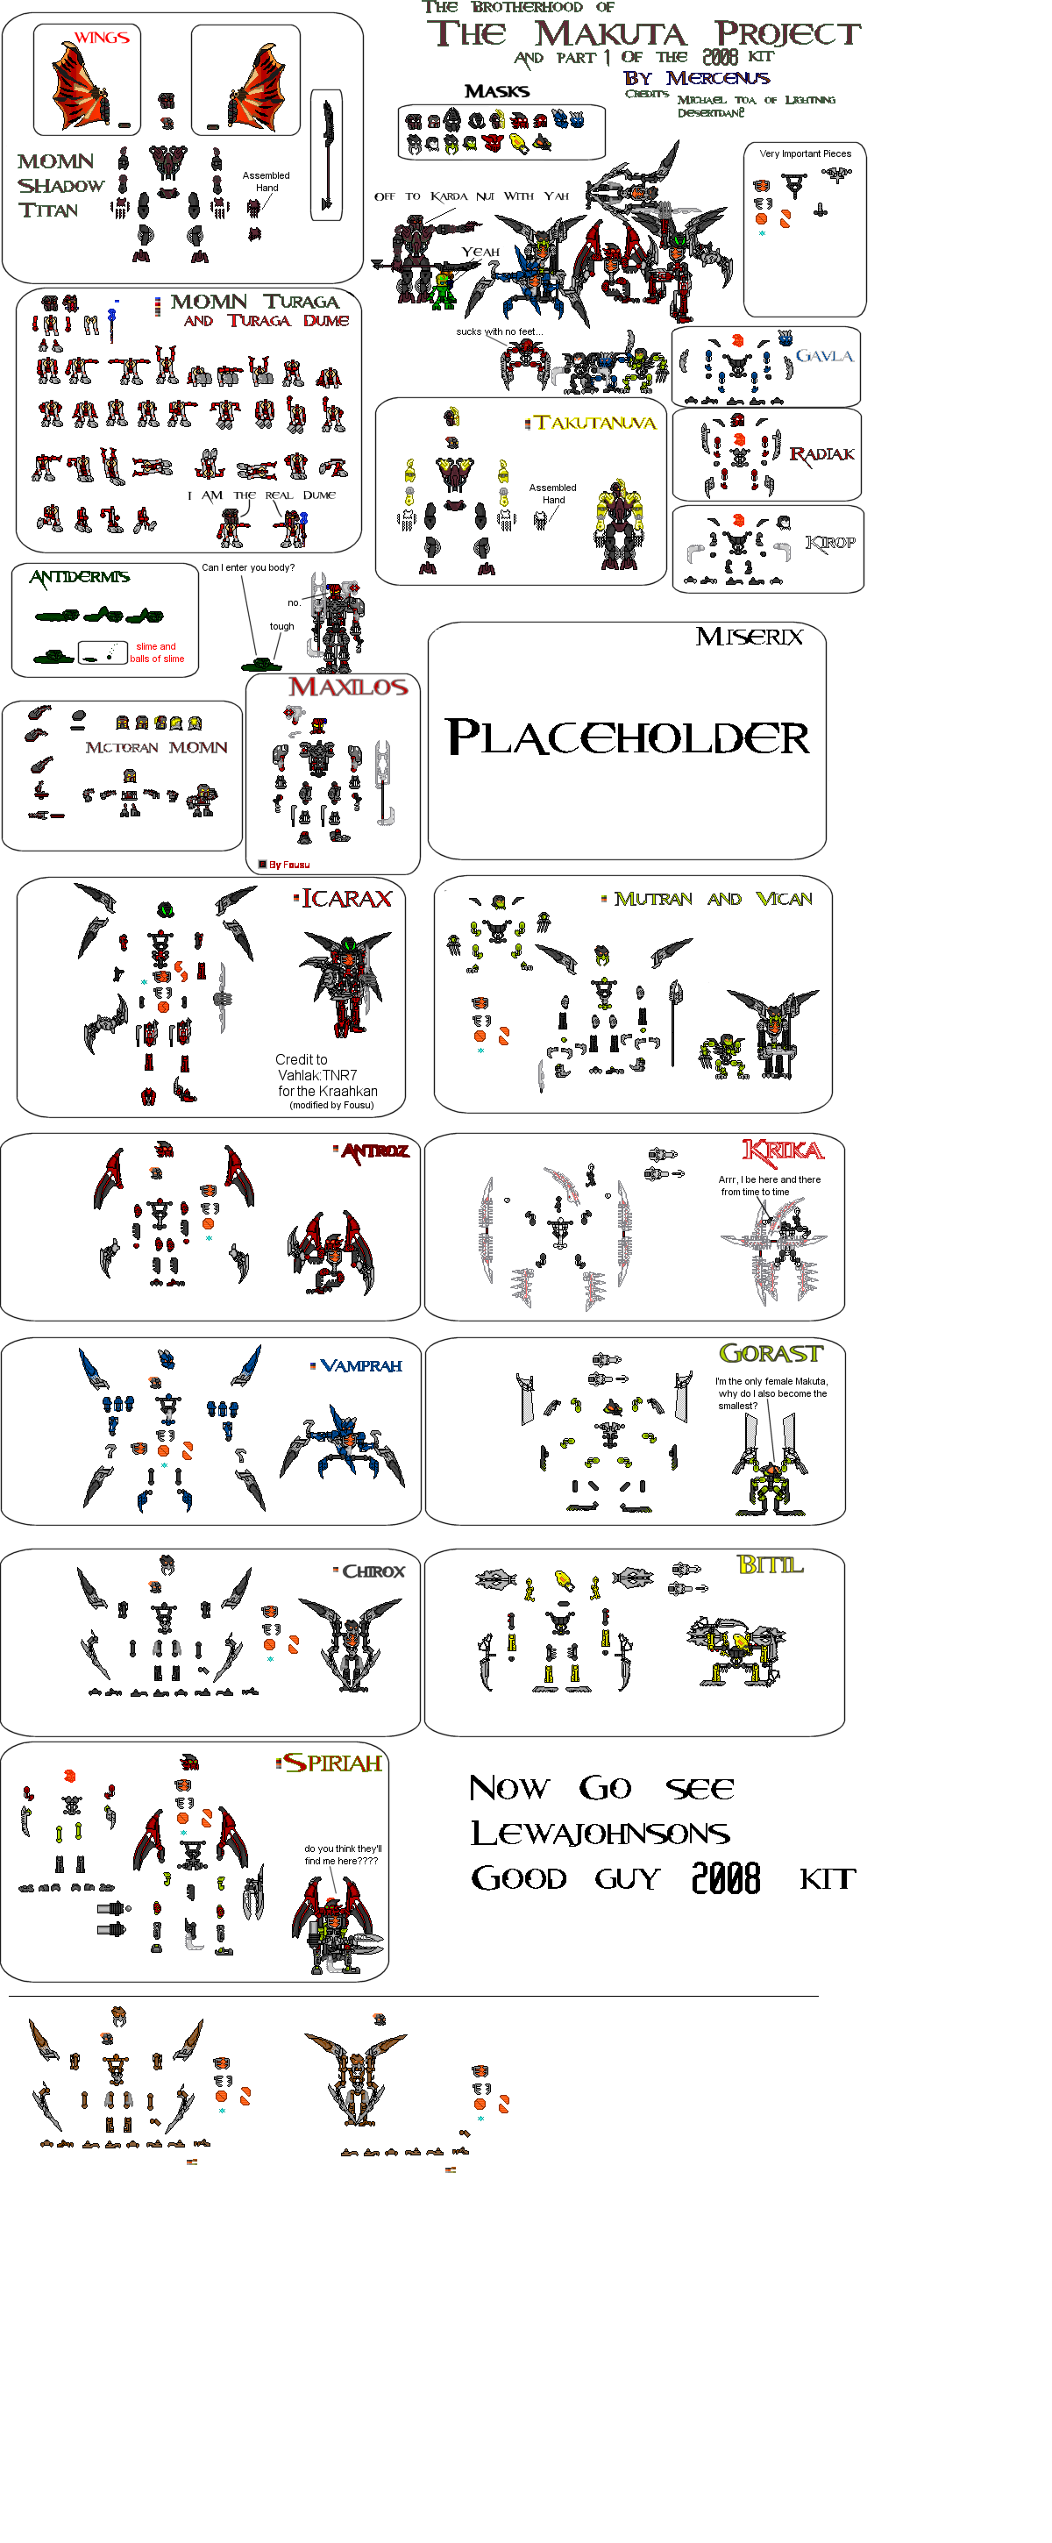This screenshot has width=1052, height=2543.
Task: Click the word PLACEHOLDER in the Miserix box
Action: click(628, 737)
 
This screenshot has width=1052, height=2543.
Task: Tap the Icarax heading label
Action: click(345, 898)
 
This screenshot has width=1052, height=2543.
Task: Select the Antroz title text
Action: click(374, 1150)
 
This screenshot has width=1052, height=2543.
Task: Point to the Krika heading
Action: click(783, 1150)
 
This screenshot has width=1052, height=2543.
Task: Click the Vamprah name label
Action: click(360, 1366)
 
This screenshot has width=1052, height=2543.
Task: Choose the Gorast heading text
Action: click(770, 1353)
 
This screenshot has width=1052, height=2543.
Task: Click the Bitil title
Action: click(770, 1564)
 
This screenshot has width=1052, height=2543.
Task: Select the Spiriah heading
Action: click(331, 1763)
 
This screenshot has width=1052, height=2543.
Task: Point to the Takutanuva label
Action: click(594, 423)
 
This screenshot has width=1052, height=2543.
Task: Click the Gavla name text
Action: click(824, 355)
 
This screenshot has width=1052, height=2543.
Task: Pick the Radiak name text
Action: click(821, 454)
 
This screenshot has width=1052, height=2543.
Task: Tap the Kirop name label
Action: click(830, 543)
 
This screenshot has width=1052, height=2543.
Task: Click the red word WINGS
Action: click(102, 38)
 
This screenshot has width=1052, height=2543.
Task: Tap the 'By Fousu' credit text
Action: click(288, 865)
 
